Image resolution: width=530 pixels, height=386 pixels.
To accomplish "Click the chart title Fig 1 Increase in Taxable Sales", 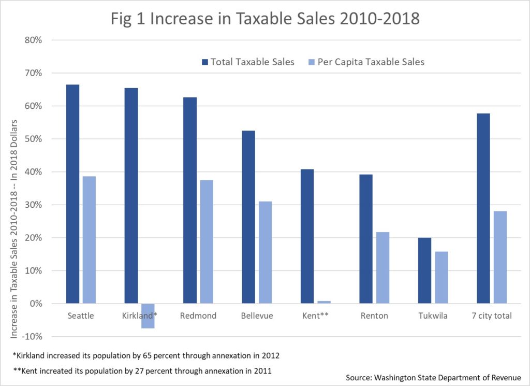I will pos(264,19).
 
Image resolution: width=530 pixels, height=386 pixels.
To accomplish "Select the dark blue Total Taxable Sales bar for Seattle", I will pos(72,194).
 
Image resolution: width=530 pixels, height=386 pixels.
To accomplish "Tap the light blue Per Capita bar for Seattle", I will pos(89,240).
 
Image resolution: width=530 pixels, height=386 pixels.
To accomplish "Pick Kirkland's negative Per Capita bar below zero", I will pos(148,316).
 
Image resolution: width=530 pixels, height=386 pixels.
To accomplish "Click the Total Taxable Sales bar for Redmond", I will pos(190,200).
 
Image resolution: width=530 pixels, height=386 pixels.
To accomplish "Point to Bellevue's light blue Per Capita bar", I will pos(265,252).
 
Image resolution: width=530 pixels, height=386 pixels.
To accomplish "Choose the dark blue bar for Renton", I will pos(366,238).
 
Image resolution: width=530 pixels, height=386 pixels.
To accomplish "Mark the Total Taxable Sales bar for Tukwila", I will pos(424,270).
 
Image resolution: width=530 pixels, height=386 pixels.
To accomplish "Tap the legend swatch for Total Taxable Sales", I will pos(205,62).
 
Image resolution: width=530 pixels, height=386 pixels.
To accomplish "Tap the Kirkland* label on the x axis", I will pos(140,316).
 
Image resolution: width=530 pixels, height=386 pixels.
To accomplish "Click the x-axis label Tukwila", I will pos(433,316).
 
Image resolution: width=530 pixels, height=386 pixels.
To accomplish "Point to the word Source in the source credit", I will pos(359,377).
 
